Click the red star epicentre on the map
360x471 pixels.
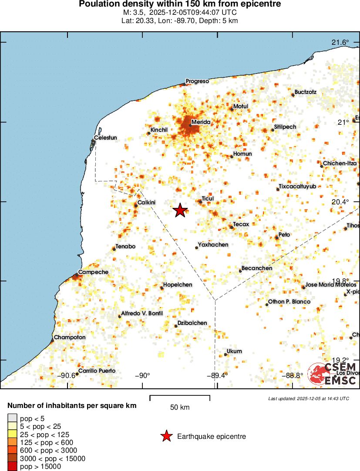click(x=180, y=210)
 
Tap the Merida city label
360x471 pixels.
click(x=201, y=122)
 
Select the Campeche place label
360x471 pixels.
click(x=93, y=272)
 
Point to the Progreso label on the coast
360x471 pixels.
click(x=197, y=81)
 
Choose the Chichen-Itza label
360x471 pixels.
click(x=340, y=163)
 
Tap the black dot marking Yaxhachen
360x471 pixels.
click(x=197, y=248)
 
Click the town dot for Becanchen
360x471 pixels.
click(x=240, y=271)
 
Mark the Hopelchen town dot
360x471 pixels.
click(x=162, y=288)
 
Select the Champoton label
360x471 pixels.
click(x=70, y=337)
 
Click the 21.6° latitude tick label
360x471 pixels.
click(x=340, y=42)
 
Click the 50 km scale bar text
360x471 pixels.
click(x=180, y=408)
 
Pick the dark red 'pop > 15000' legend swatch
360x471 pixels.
click(x=11, y=467)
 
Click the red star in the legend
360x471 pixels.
click(x=166, y=436)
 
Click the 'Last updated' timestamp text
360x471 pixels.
click(x=309, y=398)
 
